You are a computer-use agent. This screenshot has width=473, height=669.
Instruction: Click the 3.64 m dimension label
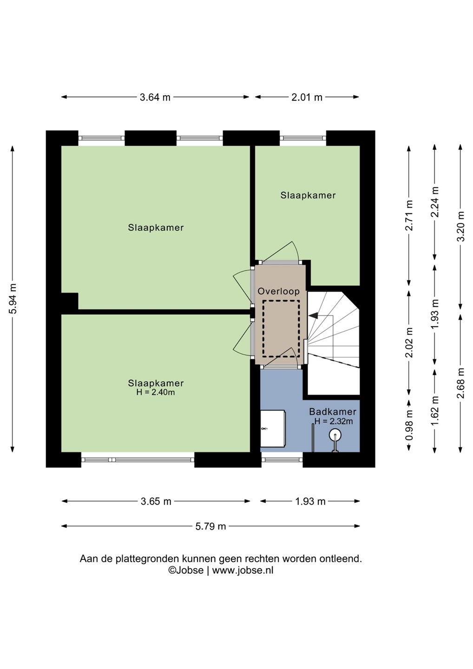[155, 97]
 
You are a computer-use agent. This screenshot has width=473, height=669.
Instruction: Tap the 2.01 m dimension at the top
[307, 97]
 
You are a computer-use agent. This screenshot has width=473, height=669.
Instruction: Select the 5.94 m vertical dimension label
[13, 298]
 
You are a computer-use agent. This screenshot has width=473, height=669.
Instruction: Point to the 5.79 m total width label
[210, 526]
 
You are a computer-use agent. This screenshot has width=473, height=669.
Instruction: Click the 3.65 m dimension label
[156, 501]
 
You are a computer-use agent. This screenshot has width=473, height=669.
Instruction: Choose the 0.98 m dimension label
[409, 426]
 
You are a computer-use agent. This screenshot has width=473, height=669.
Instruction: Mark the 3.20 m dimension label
[461, 226]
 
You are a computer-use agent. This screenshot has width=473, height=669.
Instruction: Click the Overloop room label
[278, 291]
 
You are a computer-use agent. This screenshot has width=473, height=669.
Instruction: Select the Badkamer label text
[333, 412]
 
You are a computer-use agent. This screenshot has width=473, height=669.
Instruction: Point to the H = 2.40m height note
[156, 392]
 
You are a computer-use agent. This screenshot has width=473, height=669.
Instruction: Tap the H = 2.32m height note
[334, 421]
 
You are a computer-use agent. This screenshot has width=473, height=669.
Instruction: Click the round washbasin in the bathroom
[335, 435]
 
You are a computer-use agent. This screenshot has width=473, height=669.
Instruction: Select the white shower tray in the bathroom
[273, 429]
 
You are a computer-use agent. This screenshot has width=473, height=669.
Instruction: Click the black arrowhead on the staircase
[313, 315]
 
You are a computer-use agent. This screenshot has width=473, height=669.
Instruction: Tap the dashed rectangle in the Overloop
[281, 329]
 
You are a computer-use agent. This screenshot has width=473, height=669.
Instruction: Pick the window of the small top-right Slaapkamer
[303, 138]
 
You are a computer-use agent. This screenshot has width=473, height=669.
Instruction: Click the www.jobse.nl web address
[243, 571]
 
